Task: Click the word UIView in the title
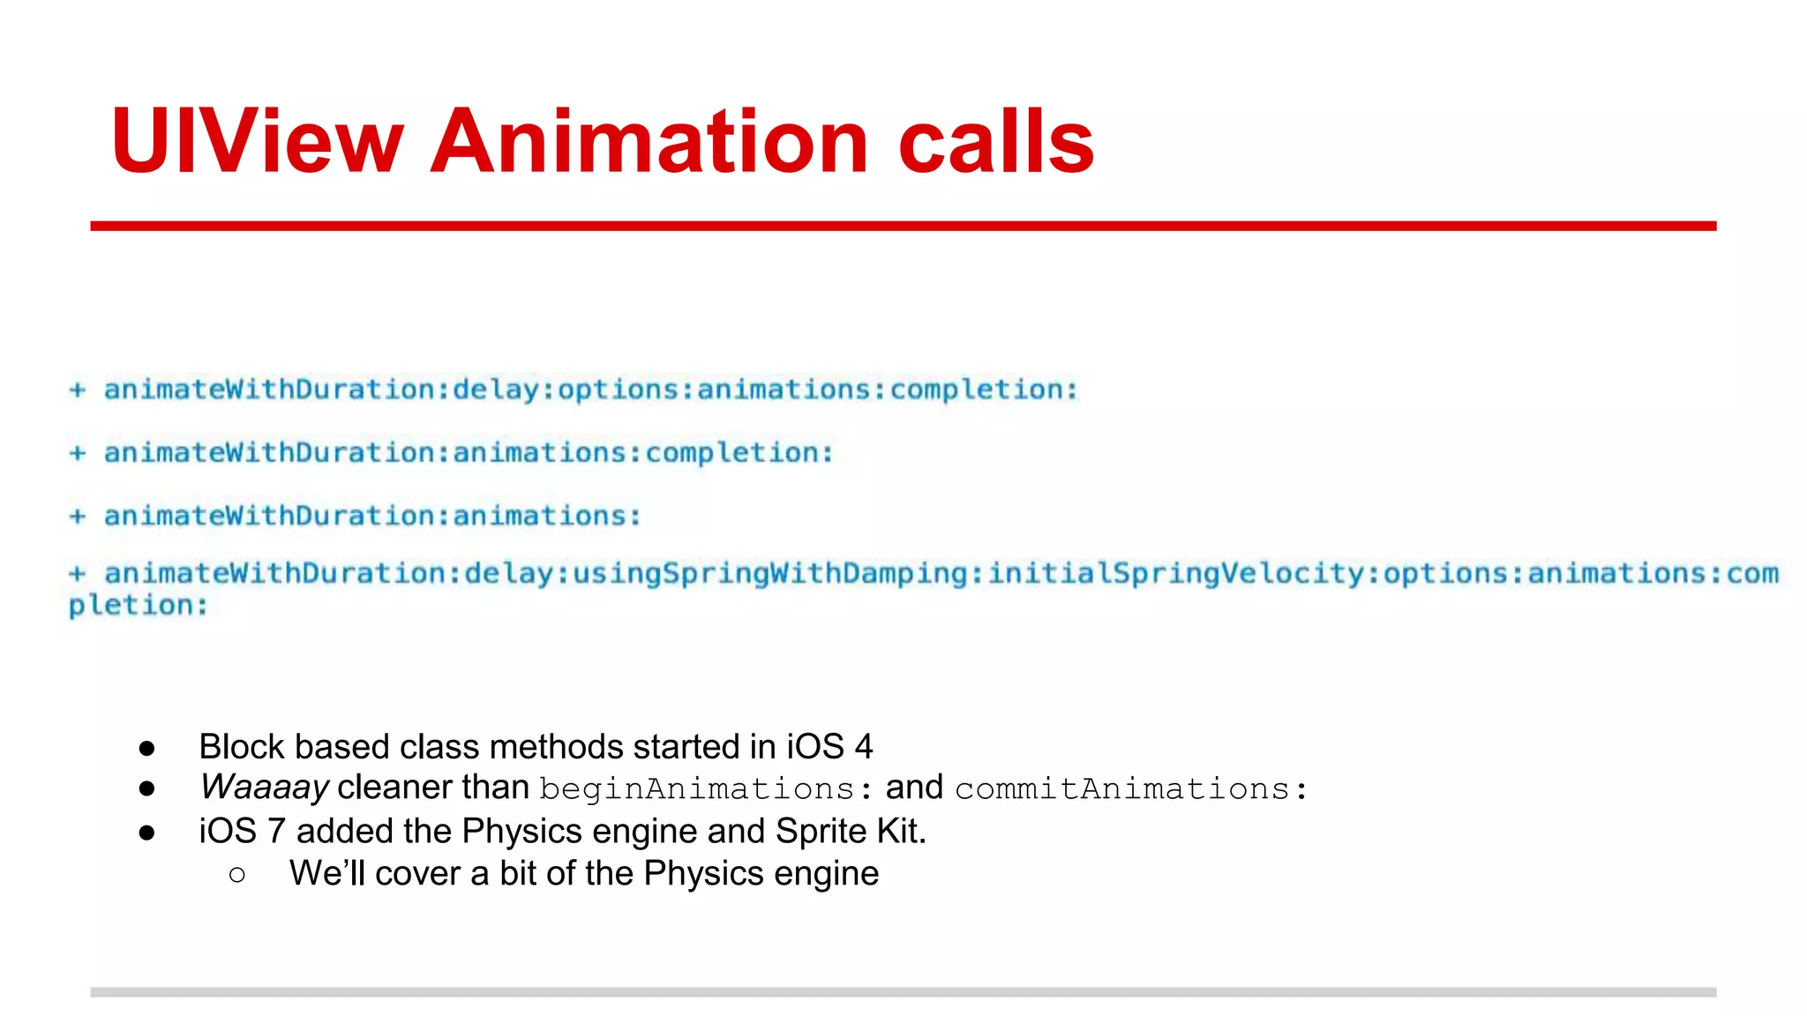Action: tap(257, 141)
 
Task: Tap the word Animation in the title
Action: tap(649, 141)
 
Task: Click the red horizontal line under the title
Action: tap(903, 226)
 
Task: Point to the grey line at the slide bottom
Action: tap(903, 992)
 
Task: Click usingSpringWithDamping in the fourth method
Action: tap(770, 574)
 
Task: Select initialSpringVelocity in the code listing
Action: tap(1177, 574)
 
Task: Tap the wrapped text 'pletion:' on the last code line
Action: tap(139, 606)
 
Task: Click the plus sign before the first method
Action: tap(78, 390)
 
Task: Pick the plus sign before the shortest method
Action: tap(78, 516)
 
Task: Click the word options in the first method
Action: tap(618, 390)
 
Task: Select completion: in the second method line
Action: tap(739, 453)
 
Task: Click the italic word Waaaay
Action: tap(264, 787)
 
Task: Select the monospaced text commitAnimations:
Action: tap(1130, 788)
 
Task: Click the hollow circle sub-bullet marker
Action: tap(236, 874)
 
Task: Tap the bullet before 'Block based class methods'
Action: tap(146, 748)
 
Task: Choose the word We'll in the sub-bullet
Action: tap(326, 873)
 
